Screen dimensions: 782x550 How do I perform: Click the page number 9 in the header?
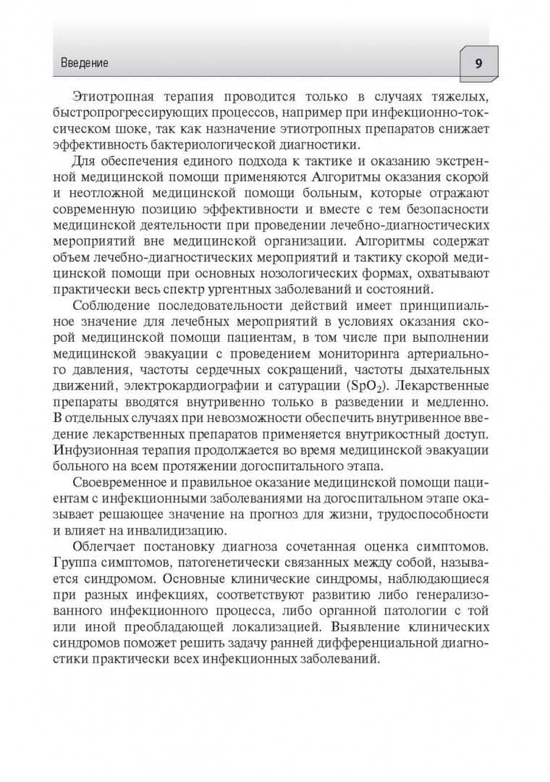pos(478,62)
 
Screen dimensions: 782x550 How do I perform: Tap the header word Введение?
pos(80,63)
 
